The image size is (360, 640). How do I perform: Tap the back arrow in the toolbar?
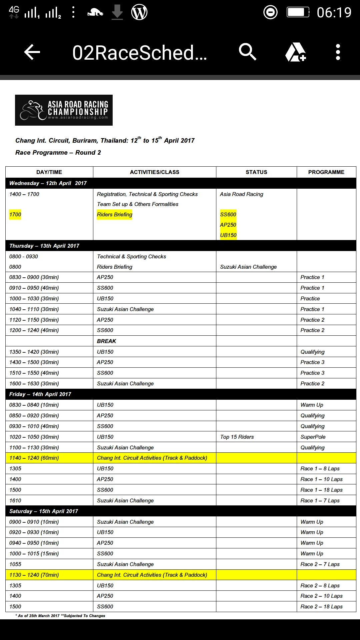[x=32, y=52]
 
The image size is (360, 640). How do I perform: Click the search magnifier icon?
[x=247, y=52]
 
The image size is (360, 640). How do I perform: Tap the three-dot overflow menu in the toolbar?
[x=338, y=52]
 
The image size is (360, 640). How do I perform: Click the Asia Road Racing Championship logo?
[x=64, y=110]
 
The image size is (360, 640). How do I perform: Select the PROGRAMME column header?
[x=326, y=172]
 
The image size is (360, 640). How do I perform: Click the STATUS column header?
[x=256, y=172]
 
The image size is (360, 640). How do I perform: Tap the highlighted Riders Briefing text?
[x=114, y=214]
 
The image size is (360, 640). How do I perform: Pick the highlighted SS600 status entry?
[x=228, y=214]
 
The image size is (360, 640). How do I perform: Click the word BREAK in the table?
[x=106, y=341]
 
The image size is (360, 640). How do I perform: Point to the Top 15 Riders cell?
[x=237, y=437]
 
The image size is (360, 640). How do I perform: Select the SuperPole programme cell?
[x=313, y=437]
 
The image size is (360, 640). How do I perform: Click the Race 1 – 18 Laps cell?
[x=321, y=490]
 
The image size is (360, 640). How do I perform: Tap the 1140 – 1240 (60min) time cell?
[x=34, y=458]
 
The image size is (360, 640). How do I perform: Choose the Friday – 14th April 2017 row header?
[x=40, y=394]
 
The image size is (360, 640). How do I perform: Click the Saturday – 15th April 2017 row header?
[x=44, y=511]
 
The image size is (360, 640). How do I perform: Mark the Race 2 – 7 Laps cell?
[x=320, y=564]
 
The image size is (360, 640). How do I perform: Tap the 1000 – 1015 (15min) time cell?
[x=34, y=553]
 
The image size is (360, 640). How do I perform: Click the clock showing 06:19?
[x=334, y=13]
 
